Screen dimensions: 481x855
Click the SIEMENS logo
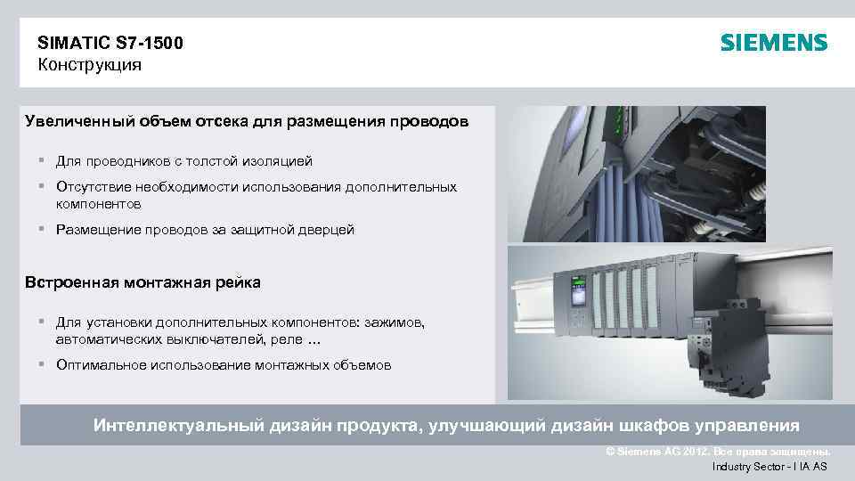click(x=773, y=43)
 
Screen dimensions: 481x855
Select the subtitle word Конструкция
click(x=89, y=65)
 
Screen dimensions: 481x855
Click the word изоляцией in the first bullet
click(x=279, y=161)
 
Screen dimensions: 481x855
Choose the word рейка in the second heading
click(x=238, y=283)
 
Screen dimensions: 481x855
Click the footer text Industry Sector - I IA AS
click(x=769, y=467)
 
